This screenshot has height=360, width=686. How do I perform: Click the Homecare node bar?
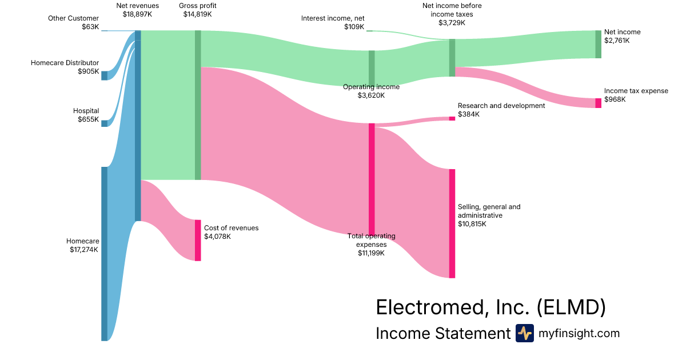(x=104, y=254)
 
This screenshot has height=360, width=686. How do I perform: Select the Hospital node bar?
(x=104, y=123)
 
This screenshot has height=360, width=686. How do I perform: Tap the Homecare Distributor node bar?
(x=104, y=75)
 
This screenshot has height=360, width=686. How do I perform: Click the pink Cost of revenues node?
(x=198, y=240)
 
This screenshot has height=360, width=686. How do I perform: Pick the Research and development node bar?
(x=452, y=119)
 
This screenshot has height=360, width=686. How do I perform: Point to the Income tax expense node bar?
(x=598, y=103)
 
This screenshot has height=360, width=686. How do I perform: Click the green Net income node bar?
(x=598, y=44)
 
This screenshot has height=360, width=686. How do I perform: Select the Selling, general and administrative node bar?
(x=452, y=223)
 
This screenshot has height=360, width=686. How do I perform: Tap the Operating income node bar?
(x=372, y=67)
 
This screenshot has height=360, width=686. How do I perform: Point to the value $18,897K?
(x=137, y=14)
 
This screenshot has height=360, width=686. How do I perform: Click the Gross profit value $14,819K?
(x=197, y=14)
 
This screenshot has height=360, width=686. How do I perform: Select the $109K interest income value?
(x=354, y=27)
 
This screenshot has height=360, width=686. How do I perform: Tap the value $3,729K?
(x=452, y=23)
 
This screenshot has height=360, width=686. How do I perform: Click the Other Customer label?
(x=73, y=18)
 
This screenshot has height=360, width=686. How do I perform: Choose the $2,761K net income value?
(x=617, y=41)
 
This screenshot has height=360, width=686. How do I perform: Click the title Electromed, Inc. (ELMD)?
(x=490, y=307)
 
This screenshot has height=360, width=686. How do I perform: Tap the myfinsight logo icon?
(x=524, y=333)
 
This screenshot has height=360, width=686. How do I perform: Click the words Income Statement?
(x=442, y=333)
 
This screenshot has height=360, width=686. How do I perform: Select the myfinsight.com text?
(x=579, y=333)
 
